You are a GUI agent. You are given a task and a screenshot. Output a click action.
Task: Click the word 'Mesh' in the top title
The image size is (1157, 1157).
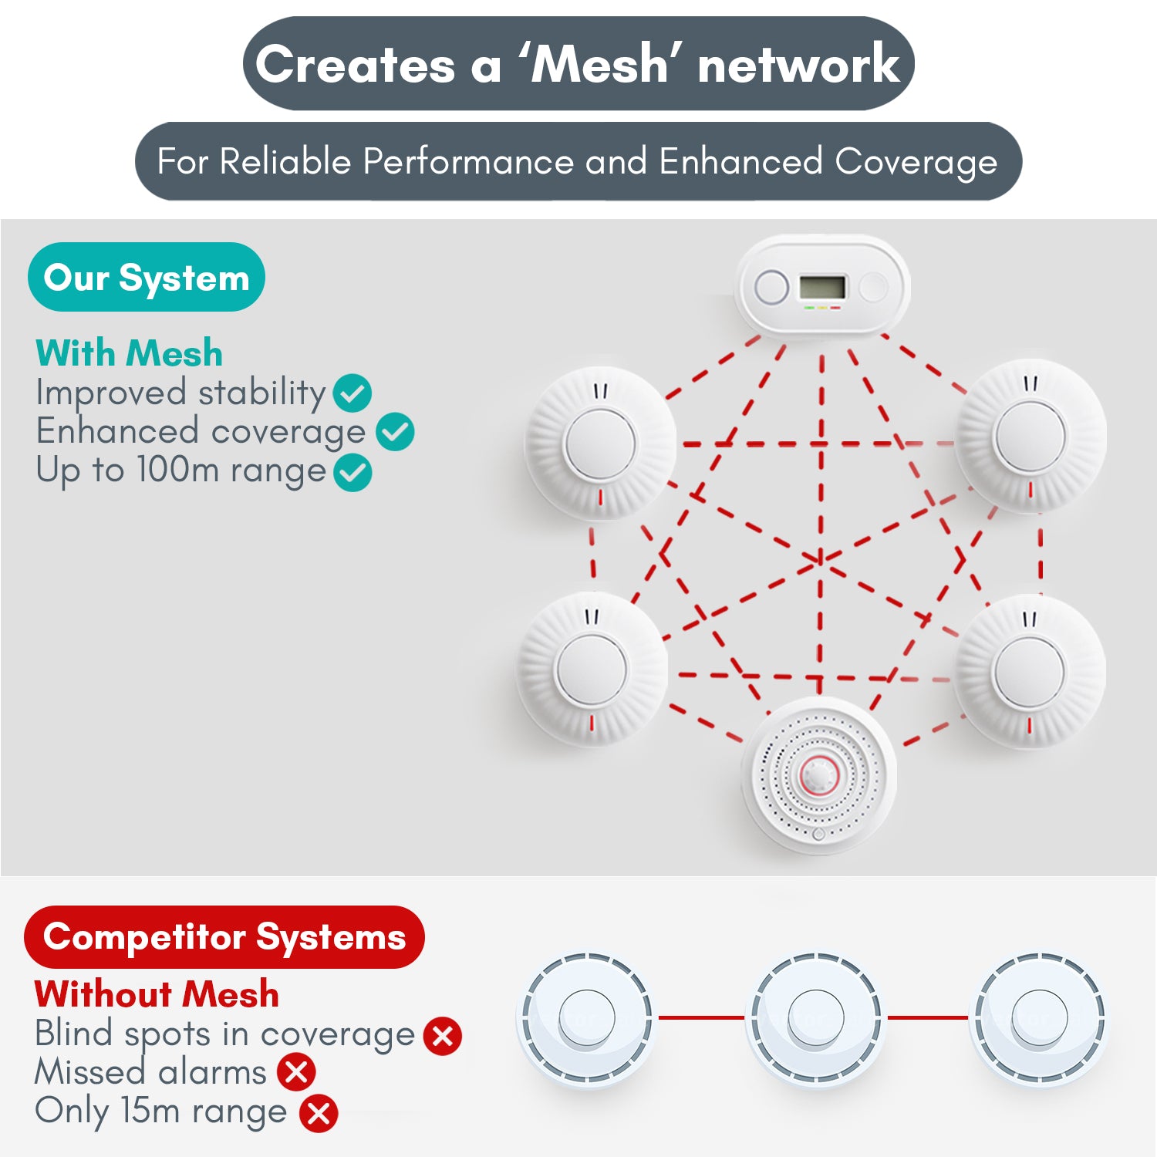point(600,65)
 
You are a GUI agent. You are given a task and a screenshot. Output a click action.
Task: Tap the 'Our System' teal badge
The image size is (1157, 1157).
point(146,278)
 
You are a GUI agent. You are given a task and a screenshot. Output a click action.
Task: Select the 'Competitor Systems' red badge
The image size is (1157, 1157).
point(224,937)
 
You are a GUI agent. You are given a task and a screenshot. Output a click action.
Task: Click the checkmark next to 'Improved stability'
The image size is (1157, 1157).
point(352,393)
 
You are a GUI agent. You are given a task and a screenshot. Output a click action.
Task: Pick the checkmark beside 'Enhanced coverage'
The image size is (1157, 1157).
point(395,432)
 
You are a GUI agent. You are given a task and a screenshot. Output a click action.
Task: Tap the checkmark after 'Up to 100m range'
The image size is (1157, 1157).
point(352,473)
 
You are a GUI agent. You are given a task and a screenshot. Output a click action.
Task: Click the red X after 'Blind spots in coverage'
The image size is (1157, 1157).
point(443,1036)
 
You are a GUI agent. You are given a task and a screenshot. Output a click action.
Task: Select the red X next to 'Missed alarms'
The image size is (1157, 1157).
point(297,1072)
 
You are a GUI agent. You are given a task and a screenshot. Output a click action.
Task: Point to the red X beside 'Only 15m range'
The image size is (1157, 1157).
point(319,1113)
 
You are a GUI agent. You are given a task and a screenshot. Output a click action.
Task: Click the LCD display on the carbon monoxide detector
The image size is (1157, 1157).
point(822,288)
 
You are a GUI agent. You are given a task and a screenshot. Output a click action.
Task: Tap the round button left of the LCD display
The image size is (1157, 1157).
point(771,288)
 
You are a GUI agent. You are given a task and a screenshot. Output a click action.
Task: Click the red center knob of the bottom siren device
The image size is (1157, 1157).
point(818,775)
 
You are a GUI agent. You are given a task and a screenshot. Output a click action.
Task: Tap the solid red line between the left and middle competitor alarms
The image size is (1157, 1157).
point(700,1017)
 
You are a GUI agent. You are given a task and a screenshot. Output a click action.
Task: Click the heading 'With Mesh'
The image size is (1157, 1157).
point(129,353)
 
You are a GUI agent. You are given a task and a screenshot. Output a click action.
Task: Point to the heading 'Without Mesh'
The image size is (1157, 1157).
point(157,994)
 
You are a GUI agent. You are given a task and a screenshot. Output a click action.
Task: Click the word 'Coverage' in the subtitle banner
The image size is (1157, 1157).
point(916,162)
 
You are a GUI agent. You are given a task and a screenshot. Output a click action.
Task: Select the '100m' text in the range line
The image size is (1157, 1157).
point(178,470)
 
